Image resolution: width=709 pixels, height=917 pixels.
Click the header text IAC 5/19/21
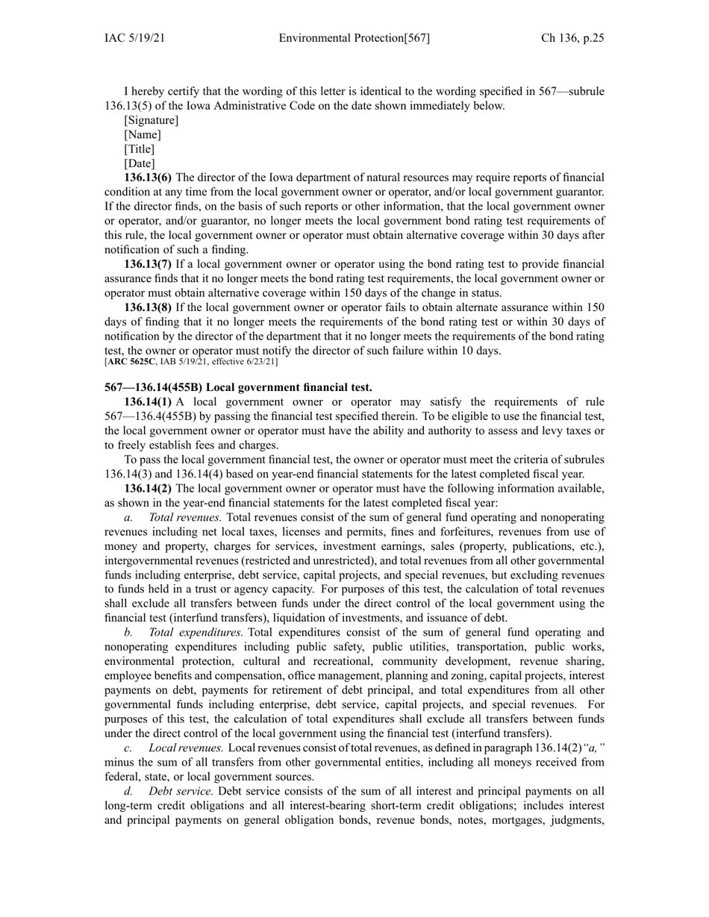pyautogui.click(x=134, y=38)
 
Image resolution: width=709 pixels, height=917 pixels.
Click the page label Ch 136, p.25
pyautogui.click(x=572, y=38)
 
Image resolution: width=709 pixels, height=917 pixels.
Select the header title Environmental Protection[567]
pyautogui.click(x=354, y=38)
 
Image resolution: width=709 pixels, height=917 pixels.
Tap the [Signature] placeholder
pyautogui.click(x=152, y=120)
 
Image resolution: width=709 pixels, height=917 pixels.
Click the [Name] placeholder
pyautogui.click(x=143, y=134)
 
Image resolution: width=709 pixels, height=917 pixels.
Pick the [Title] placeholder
pyautogui.click(x=140, y=149)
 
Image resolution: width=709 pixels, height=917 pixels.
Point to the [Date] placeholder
pyautogui.click(x=140, y=163)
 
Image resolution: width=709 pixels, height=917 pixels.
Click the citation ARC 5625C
pyautogui.click(x=131, y=362)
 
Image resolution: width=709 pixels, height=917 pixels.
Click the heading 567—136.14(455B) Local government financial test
pyautogui.click(x=238, y=386)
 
